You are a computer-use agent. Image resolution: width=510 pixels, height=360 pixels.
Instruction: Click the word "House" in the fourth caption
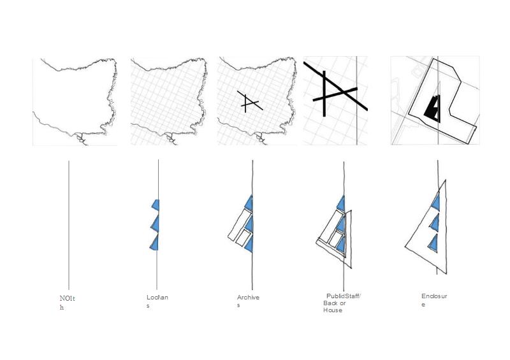[333, 310]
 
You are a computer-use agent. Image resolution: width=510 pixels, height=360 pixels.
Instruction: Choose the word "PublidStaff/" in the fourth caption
[343, 296]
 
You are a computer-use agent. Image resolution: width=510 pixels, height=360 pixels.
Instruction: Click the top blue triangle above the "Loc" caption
[156, 204]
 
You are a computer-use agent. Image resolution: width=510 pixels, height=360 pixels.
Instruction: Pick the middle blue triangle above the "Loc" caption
[155, 224]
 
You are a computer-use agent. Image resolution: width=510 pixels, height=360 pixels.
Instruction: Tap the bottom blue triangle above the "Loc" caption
[154, 243]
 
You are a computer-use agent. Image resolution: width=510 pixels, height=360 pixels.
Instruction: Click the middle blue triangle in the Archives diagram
[249, 223]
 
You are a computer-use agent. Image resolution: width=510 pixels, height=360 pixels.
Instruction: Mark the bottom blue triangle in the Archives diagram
[249, 243]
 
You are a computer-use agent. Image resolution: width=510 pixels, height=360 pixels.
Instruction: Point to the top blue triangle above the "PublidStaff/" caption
[341, 204]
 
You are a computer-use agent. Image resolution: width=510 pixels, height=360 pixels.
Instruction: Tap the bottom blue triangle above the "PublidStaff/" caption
[341, 244]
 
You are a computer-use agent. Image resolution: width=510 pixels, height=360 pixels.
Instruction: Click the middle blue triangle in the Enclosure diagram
[435, 222]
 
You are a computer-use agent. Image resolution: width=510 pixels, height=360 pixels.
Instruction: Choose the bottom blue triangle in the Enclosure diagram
[433, 243]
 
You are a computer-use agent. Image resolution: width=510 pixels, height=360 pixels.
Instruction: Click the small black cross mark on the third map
[249, 102]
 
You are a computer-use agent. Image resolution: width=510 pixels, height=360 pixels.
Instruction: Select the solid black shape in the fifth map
[433, 109]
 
